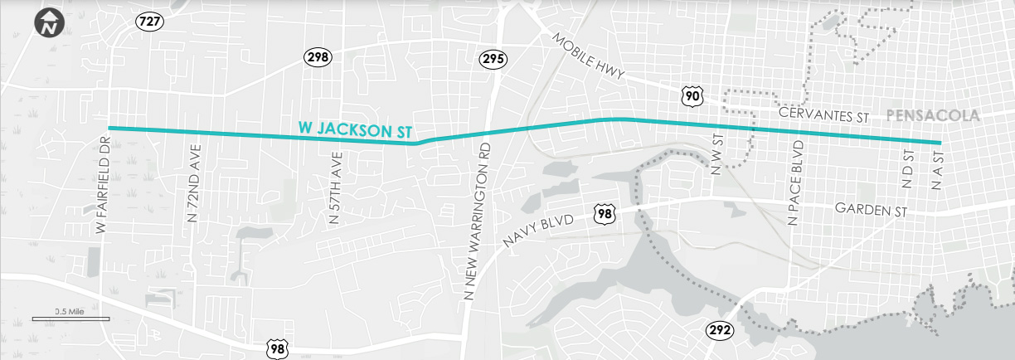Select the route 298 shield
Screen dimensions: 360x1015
(317, 56)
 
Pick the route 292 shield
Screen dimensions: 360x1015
(720, 330)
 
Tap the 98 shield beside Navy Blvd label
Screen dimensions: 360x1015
(605, 215)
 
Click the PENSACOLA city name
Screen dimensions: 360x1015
(933, 114)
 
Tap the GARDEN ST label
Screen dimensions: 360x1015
(872, 211)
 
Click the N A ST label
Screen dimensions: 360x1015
(939, 170)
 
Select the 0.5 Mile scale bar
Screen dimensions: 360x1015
(70, 317)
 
